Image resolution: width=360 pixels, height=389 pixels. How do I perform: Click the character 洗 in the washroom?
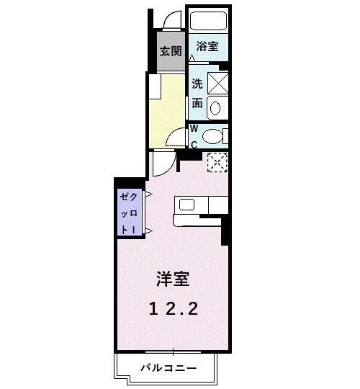tap(197, 83)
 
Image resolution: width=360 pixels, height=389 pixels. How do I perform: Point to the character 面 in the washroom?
tap(197, 102)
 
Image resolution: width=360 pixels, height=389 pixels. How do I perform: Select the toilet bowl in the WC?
tap(214, 135)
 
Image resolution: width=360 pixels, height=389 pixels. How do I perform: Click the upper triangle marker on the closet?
tap(148, 195)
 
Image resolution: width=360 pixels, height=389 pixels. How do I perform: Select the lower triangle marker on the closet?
tap(148, 231)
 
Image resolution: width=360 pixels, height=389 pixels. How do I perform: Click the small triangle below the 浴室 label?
tap(192, 56)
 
